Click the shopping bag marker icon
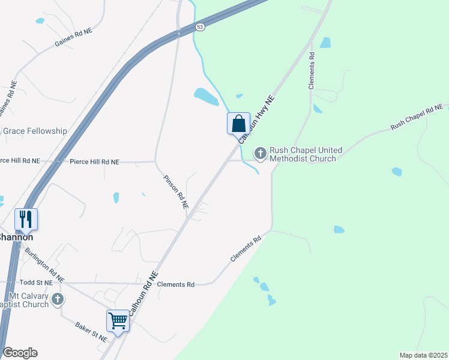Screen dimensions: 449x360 238,124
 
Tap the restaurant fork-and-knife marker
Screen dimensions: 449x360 26,219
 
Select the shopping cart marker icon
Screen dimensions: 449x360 118,320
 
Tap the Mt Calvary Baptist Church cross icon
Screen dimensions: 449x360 57,299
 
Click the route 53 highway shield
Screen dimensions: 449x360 200,27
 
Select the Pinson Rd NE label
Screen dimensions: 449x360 176,191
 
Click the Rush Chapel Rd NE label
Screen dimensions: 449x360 416,118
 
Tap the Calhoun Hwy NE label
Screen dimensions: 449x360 256,119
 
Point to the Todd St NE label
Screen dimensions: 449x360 36,282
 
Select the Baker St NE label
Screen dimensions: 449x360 91,331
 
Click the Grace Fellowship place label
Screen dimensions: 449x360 34,131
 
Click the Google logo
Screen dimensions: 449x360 20,353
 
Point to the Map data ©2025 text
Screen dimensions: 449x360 423,355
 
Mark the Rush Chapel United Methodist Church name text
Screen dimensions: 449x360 306,154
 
